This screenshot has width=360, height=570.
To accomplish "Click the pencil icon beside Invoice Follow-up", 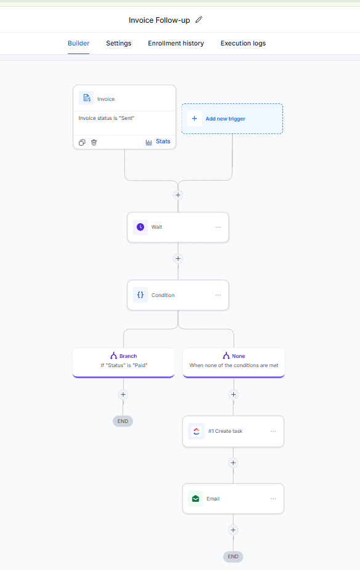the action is pos(199,20).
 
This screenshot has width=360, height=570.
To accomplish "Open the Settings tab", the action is pos(119,43).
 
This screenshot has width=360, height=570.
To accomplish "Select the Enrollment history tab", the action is pos(175,43).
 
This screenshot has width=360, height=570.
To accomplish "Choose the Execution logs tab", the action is pos(243,43).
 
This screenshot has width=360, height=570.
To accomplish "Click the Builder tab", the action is pos(79,43).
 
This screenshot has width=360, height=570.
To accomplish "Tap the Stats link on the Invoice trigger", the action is pos(158,141).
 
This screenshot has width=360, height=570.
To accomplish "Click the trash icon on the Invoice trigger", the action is pos(94,142).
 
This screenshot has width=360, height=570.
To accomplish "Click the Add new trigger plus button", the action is pos(194,119).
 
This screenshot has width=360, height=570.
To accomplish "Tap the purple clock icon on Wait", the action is pos(140,227).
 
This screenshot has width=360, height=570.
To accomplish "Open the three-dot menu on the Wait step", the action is pos(218,227).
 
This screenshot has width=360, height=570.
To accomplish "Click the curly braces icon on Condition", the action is pos(140,295).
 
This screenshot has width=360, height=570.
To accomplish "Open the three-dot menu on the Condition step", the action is pos(218,295).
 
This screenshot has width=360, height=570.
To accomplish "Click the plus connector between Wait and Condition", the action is pos(178,259).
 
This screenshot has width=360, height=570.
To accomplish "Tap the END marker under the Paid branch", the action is pos(123,421).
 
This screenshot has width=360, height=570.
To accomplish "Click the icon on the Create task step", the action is pos(196,431).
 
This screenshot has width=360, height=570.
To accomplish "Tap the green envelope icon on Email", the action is pos(196,499).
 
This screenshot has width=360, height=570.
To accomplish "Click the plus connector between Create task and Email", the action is pos(233,463).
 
